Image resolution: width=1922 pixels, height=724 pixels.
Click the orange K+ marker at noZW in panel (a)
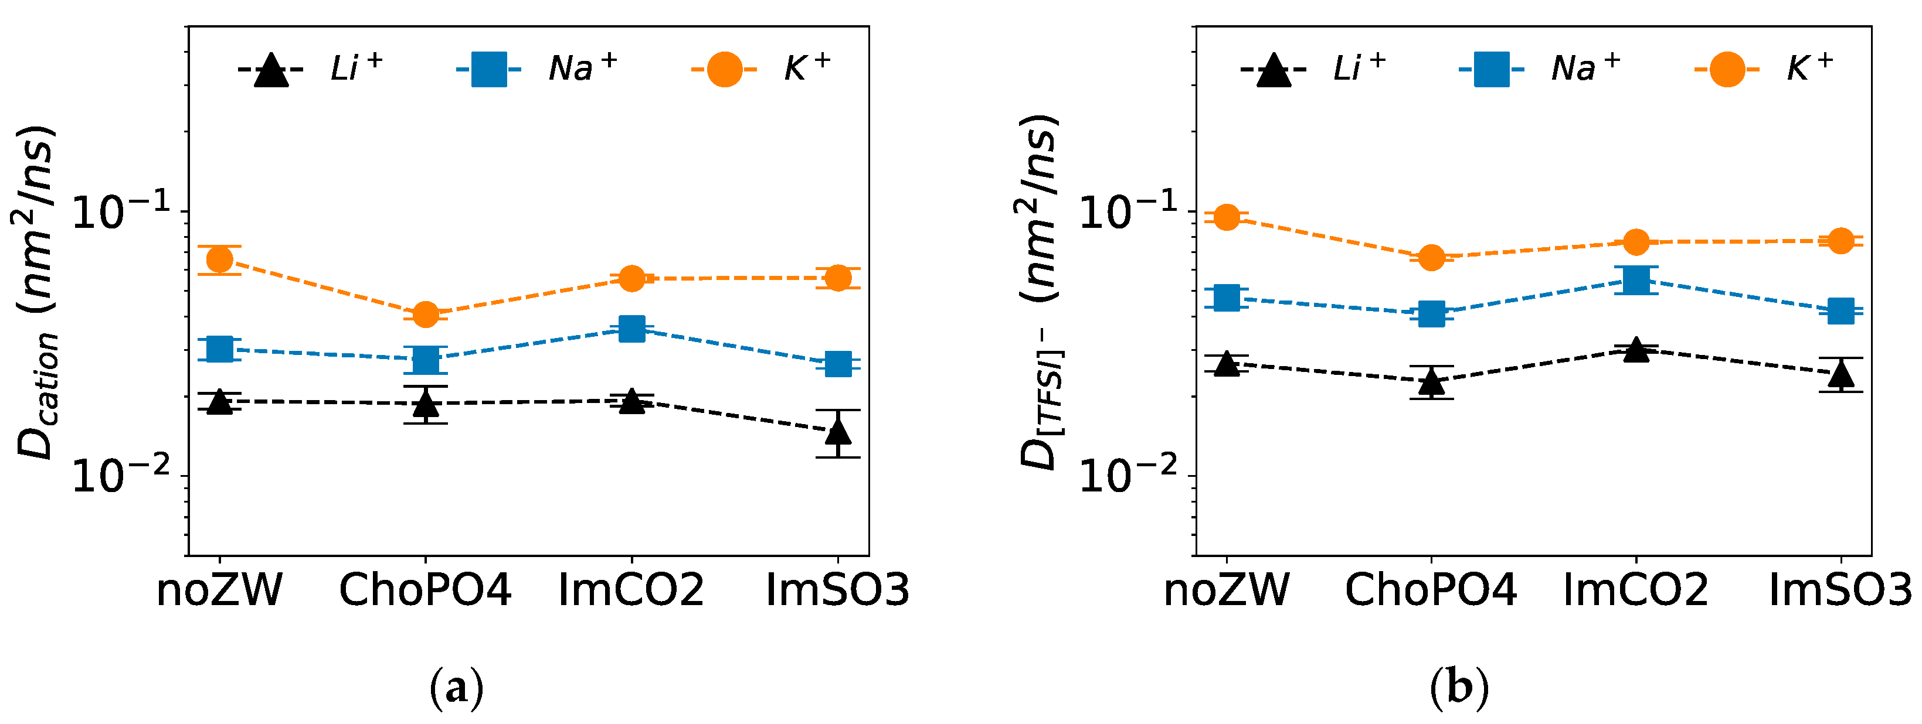tap(219, 259)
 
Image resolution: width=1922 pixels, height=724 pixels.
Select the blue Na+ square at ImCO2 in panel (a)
tap(632, 328)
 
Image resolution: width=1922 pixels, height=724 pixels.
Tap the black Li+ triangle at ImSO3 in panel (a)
tap(838, 432)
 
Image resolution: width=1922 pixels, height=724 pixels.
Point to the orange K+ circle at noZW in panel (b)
tap(1227, 218)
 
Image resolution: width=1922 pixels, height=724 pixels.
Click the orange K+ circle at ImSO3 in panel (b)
tap(1840, 241)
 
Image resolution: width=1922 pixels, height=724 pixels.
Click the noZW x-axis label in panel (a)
tap(219, 590)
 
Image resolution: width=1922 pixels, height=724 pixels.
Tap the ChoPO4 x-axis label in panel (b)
tap(1431, 590)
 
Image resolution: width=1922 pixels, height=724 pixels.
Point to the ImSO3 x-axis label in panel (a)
tap(838, 590)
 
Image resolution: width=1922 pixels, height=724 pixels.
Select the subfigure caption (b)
tap(1459, 688)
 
